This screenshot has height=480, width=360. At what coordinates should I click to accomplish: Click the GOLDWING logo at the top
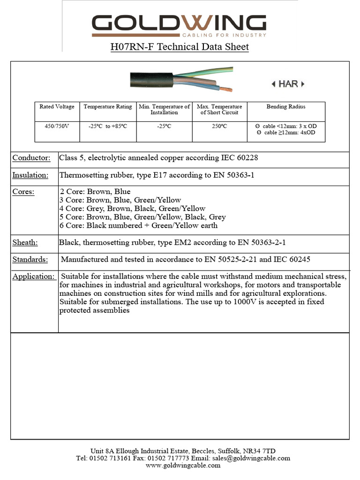click(179, 25)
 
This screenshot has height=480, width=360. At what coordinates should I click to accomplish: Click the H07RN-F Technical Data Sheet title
click(180, 47)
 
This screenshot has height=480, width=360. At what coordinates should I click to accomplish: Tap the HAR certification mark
click(288, 84)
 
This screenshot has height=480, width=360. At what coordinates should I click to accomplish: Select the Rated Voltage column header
click(57, 107)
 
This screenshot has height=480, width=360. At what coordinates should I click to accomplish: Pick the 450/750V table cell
click(57, 126)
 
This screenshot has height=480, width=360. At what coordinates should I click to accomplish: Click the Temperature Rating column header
click(108, 107)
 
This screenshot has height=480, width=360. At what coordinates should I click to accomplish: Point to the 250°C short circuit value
click(219, 126)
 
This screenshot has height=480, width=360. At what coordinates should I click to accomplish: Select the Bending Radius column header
click(285, 107)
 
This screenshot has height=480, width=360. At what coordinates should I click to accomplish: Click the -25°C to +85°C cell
click(108, 126)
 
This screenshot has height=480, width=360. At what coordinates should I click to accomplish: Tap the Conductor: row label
click(31, 158)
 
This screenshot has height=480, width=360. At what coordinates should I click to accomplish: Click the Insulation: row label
click(30, 175)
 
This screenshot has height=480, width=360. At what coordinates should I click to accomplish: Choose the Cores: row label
click(23, 192)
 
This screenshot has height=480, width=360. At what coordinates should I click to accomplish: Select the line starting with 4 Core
click(133, 209)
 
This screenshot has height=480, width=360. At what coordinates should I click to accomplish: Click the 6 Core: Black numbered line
click(139, 225)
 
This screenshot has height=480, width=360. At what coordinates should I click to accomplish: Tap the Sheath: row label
click(25, 242)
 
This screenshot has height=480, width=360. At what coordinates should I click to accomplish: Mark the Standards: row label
click(30, 260)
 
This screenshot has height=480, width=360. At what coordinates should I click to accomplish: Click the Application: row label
click(33, 277)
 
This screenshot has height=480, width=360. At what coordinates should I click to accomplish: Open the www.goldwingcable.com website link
click(183, 465)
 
